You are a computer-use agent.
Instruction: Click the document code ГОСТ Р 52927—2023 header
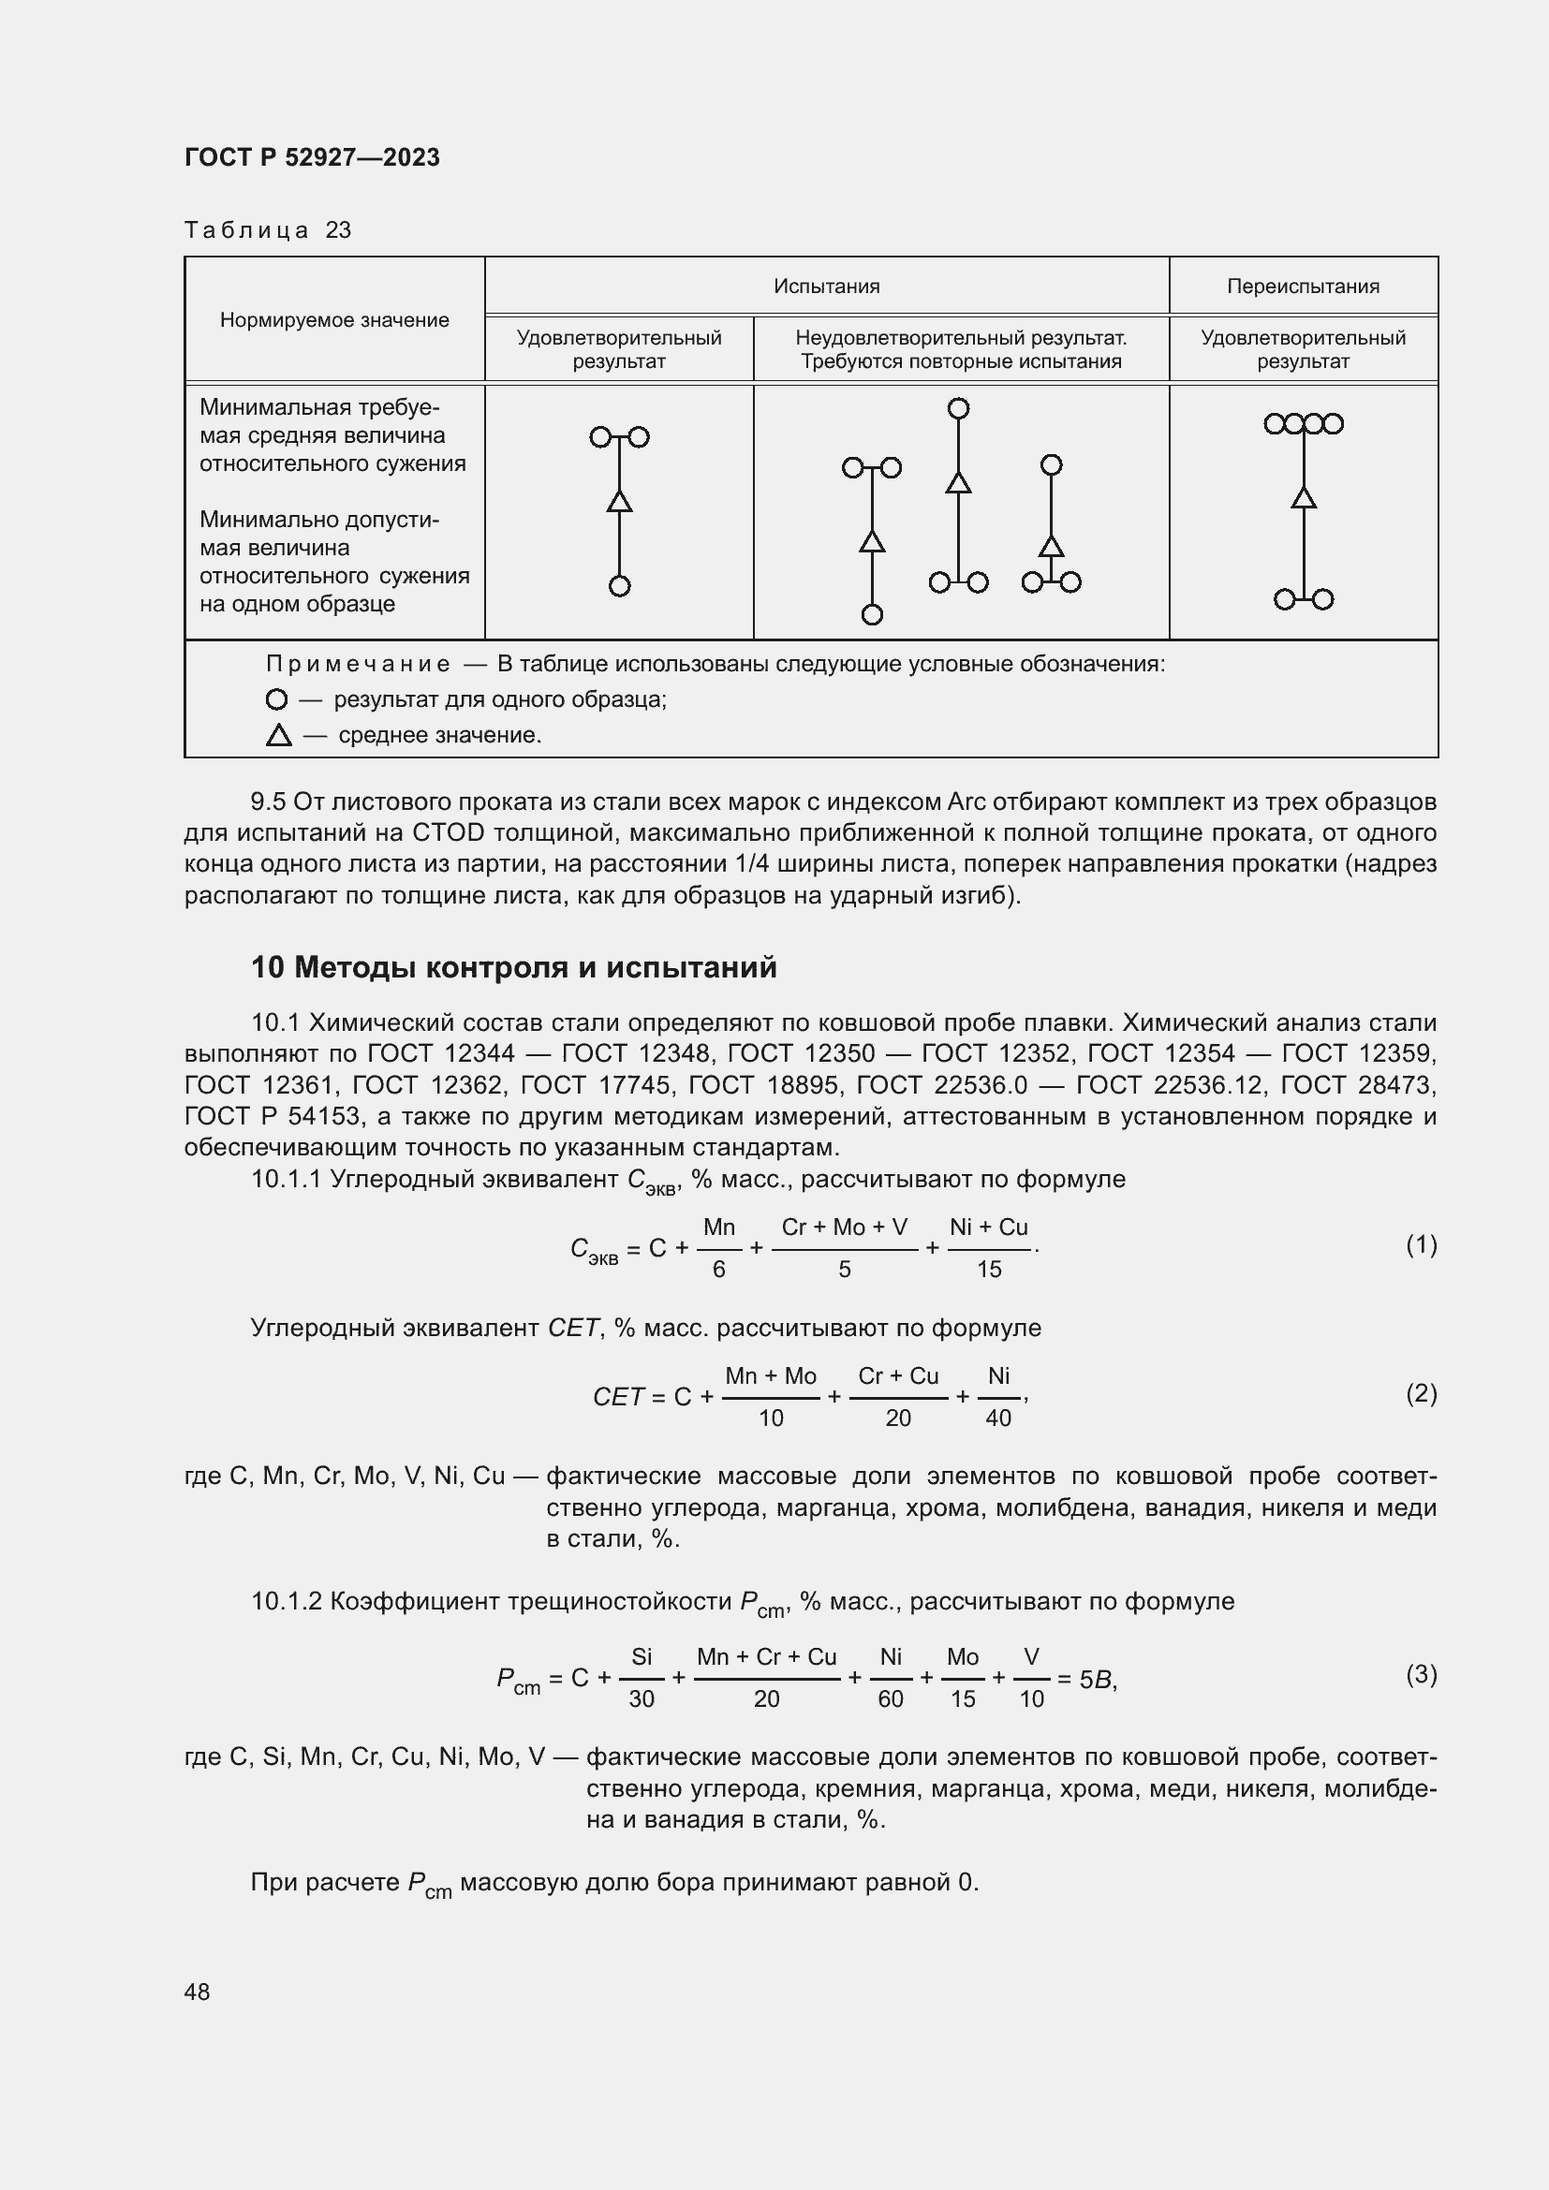click(312, 157)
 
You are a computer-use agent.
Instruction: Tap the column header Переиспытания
click(1302, 287)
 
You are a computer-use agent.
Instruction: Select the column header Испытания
click(826, 287)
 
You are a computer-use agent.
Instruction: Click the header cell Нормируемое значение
click(333, 320)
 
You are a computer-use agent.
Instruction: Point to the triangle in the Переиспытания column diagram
click(1303, 498)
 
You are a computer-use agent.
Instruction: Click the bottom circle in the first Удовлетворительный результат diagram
click(619, 585)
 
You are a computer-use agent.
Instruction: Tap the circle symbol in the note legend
click(276, 699)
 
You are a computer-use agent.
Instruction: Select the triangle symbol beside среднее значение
click(278, 735)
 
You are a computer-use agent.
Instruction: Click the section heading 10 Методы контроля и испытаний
click(513, 967)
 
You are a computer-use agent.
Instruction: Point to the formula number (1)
click(1421, 1243)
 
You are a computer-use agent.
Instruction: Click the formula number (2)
click(1421, 1393)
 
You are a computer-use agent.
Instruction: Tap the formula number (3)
click(1421, 1674)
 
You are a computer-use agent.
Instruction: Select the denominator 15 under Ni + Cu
click(989, 1270)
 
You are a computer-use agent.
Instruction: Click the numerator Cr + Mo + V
click(844, 1227)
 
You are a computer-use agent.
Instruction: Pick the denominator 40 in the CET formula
click(997, 1418)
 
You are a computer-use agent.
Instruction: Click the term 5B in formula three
click(1096, 1680)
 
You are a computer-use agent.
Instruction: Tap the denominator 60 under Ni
click(890, 1698)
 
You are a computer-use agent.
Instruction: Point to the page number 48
click(198, 1992)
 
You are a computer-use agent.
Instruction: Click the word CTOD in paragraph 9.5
click(449, 832)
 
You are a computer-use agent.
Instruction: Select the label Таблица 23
click(268, 230)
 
